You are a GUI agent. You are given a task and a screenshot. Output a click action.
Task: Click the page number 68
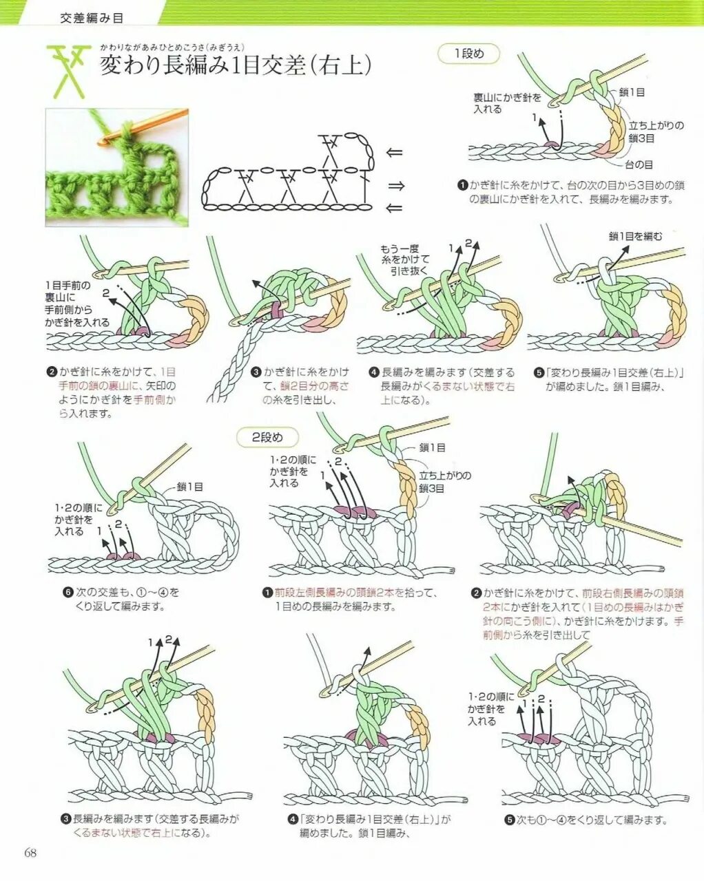(x=30, y=853)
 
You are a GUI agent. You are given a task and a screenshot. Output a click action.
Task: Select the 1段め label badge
(x=468, y=54)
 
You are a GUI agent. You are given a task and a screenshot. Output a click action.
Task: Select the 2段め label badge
(x=267, y=437)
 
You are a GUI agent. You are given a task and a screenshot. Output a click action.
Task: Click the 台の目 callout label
(x=639, y=165)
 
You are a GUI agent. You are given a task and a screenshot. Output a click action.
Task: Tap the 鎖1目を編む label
(x=635, y=236)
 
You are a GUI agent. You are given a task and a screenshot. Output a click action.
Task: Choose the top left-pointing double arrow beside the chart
(x=395, y=153)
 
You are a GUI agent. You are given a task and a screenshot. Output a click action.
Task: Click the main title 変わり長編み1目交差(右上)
(x=236, y=65)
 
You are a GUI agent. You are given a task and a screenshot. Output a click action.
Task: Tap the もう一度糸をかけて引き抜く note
(x=405, y=259)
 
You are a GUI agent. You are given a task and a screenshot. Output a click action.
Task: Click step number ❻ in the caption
(x=68, y=592)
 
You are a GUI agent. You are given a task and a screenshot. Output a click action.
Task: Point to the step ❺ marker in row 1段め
(x=539, y=372)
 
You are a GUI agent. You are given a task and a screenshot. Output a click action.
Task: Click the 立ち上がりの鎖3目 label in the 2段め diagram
(x=445, y=482)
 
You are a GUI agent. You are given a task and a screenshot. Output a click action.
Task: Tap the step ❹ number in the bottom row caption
(x=292, y=820)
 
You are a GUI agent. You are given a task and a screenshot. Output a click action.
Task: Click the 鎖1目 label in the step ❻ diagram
(x=189, y=487)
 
